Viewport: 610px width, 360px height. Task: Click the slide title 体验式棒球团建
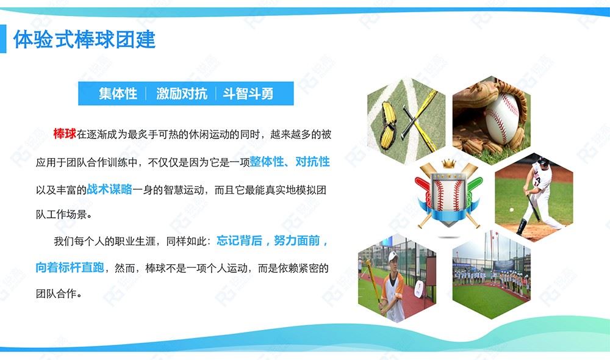(x=84, y=40)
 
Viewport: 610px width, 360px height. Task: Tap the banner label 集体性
(x=118, y=94)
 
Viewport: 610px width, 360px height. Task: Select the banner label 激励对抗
(x=182, y=94)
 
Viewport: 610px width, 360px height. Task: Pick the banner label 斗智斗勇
(x=248, y=94)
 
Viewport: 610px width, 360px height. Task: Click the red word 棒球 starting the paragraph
(x=65, y=134)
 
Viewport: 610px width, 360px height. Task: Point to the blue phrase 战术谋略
(x=109, y=189)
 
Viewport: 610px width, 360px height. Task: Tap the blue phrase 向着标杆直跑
(x=70, y=267)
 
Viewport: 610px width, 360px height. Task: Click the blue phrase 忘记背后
(x=239, y=240)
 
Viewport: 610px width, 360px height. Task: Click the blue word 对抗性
(x=312, y=162)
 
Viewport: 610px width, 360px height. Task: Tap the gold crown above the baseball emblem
(x=448, y=164)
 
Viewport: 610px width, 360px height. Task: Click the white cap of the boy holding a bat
(x=392, y=256)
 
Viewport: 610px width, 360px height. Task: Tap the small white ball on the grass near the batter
(x=512, y=210)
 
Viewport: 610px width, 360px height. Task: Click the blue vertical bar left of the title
(x=2, y=39)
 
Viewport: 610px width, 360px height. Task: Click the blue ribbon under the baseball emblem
(x=448, y=214)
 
